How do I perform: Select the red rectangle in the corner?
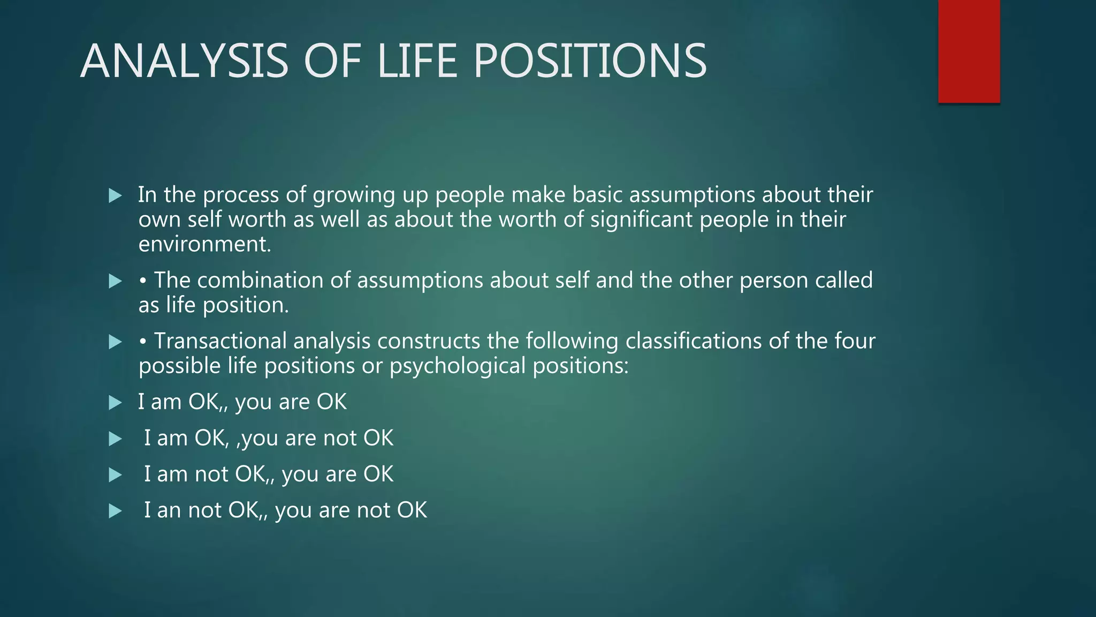point(969,51)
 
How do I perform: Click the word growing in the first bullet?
point(354,195)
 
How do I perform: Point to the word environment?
point(204,245)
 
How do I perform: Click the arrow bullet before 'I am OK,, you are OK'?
point(115,403)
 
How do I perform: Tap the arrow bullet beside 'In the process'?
point(115,195)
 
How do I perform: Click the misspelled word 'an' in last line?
point(169,511)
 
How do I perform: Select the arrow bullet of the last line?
point(115,511)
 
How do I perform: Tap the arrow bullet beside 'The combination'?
point(115,281)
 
